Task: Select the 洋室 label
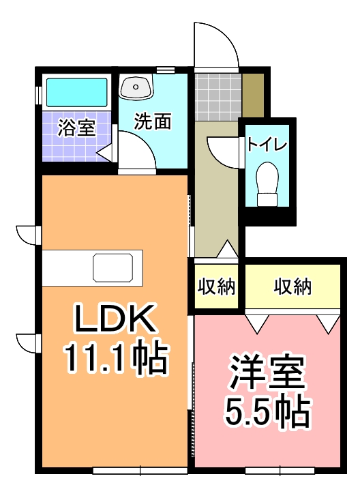[267, 372]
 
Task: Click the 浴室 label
[76, 128]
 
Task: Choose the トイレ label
[268, 145]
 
